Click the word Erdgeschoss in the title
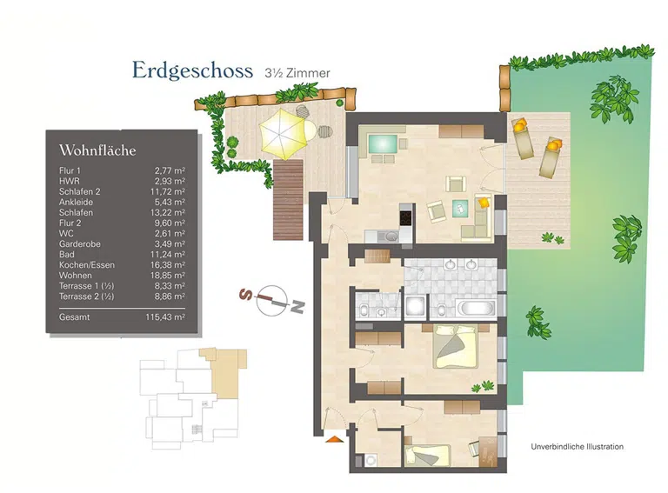pos(192,70)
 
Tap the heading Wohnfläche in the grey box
pos(97,150)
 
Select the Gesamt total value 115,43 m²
pos(164,318)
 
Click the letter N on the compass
pos(297,306)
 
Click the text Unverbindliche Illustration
pos(577,446)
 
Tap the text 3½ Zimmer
pos(297,73)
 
